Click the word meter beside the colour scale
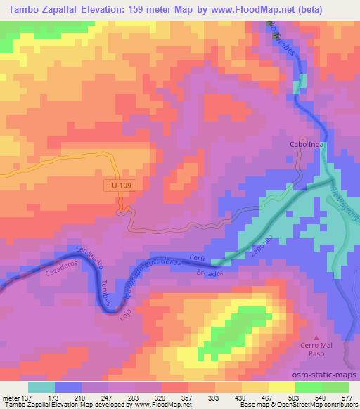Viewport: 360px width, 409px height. pos(10,397)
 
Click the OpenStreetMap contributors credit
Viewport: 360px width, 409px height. pos(321,405)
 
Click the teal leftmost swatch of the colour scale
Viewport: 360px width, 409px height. pos(41,387)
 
